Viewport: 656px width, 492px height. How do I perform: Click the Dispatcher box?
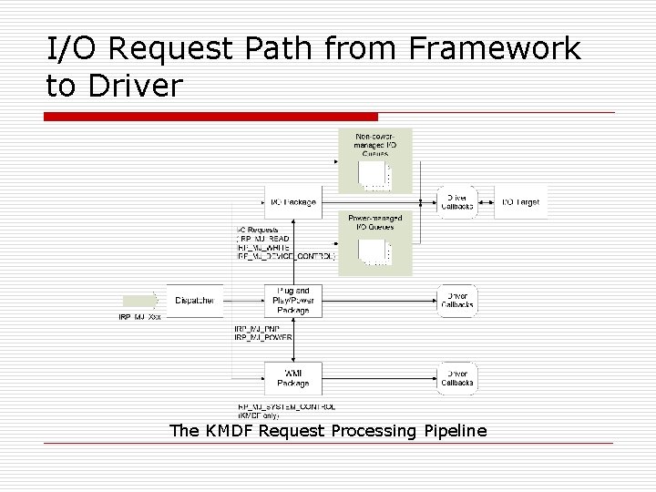coord(194,300)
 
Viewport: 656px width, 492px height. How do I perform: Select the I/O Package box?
coord(292,201)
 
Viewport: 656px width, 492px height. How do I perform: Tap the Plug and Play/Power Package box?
coord(292,300)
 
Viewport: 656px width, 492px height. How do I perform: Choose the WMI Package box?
coord(292,377)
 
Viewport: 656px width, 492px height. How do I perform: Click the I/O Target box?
coord(522,201)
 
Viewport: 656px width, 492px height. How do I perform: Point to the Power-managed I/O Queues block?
coord(375,242)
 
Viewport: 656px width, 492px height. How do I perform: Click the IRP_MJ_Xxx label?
coord(139,318)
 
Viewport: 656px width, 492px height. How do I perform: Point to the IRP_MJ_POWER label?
coord(263,337)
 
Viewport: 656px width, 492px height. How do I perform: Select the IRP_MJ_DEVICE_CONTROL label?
coord(286,256)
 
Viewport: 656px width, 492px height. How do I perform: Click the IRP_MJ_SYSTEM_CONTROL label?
coord(286,406)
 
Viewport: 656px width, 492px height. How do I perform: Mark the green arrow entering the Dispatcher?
coord(140,300)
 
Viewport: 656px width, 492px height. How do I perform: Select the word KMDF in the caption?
coord(228,430)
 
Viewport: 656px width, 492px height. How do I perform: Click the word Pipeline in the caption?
coord(456,430)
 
